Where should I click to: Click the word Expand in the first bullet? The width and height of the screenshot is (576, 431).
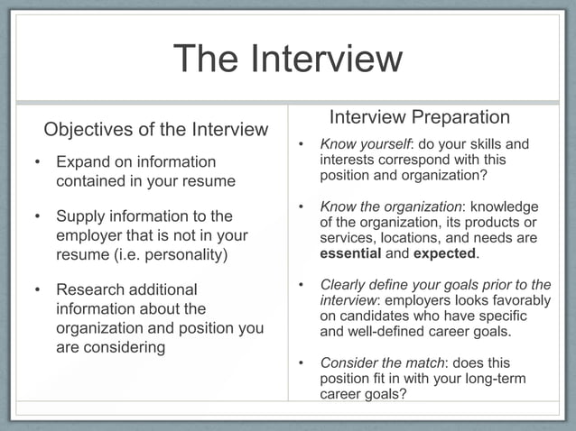click(x=85, y=162)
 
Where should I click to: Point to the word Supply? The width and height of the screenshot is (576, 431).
click(x=82, y=216)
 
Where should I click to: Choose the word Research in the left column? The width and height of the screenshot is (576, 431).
click(x=95, y=289)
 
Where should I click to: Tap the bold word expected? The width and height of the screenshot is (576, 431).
click(x=444, y=253)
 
